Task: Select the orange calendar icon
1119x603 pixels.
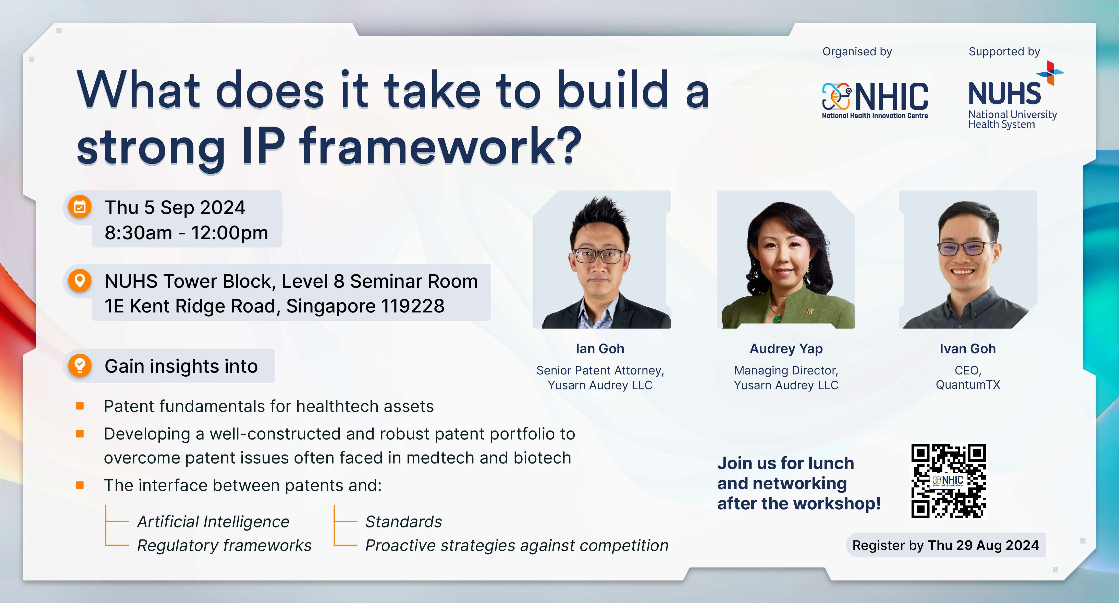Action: point(80,207)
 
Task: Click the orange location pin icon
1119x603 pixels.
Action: point(80,280)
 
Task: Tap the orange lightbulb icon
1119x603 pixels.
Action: point(80,366)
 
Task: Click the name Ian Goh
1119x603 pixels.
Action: point(600,349)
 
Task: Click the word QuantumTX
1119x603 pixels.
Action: point(968,385)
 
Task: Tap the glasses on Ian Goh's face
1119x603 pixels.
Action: point(600,256)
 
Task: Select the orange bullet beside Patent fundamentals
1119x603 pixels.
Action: point(80,406)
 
